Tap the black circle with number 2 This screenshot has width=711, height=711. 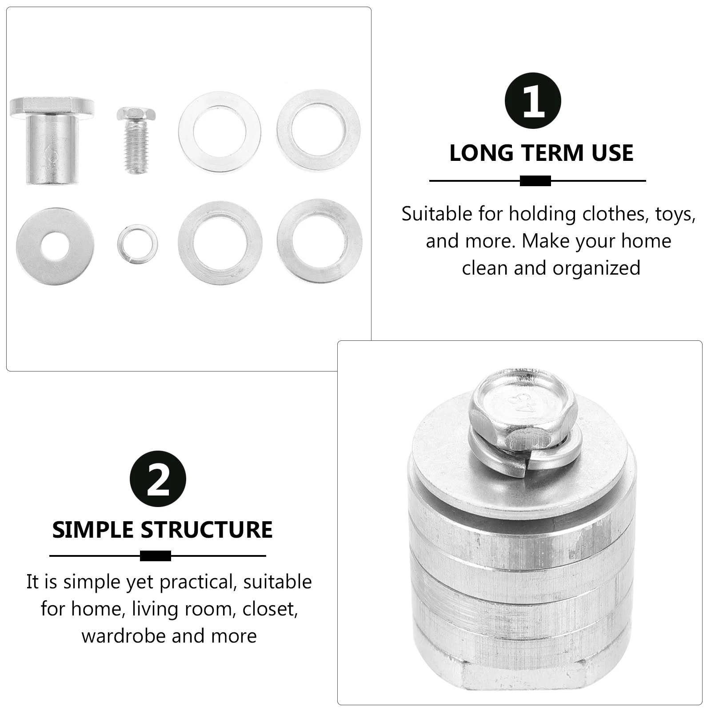tap(158, 479)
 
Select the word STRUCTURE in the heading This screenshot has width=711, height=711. tap(206, 530)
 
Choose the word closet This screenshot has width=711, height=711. tap(270, 609)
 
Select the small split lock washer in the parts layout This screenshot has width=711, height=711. tap(138, 244)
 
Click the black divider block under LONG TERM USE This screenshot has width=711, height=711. tap(535, 181)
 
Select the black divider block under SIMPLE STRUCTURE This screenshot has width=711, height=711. tap(156, 556)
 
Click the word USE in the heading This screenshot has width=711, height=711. tap(612, 153)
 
